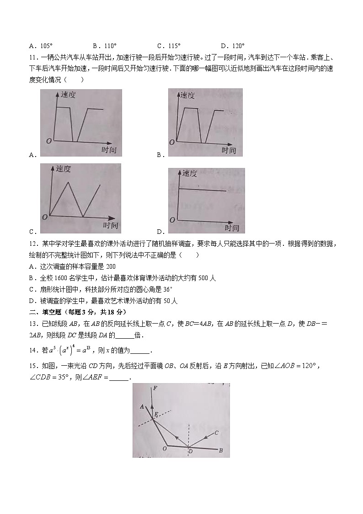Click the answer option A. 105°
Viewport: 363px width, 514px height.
(x=41, y=46)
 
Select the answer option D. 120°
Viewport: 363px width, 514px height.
(x=233, y=46)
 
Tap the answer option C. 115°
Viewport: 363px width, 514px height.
(x=169, y=46)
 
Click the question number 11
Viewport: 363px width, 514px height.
(x=32, y=58)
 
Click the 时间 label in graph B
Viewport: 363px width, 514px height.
(x=229, y=150)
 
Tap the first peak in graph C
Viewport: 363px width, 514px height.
(x=68, y=182)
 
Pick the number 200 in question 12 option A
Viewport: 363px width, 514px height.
(x=111, y=266)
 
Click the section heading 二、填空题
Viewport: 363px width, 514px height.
(x=44, y=312)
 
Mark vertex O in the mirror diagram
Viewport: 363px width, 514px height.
(x=164, y=449)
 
